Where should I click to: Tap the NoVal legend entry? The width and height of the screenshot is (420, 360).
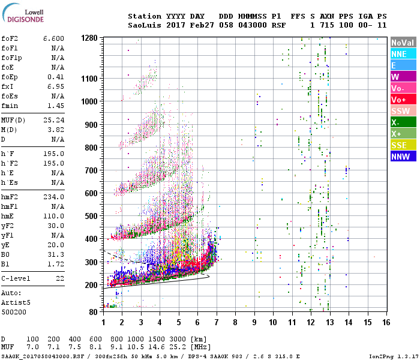[403, 43]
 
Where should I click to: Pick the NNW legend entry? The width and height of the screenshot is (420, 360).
[403, 157]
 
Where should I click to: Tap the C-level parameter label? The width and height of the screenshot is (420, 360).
[16, 279]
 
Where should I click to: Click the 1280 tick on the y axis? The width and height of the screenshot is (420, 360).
[89, 38]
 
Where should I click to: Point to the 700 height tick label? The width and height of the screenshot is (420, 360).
[91, 170]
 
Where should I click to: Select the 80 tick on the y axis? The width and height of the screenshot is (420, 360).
[94, 312]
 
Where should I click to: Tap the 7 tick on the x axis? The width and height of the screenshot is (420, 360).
[217, 323]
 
